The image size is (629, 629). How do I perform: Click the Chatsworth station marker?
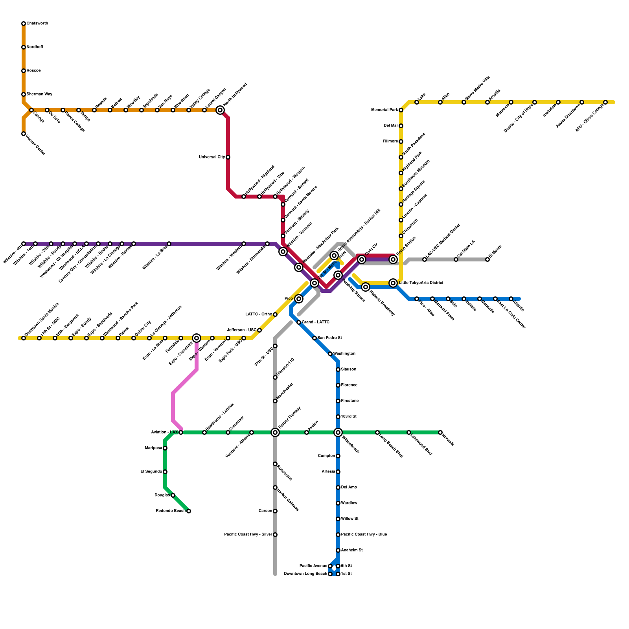point(24,24)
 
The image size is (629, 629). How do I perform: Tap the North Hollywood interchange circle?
point(220,110)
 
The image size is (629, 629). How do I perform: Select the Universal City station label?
point(212,157)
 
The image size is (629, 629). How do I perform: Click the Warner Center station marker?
point(24,134)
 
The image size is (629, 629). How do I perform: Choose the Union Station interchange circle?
point(393,259)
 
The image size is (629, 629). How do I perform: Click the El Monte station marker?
point(487,259)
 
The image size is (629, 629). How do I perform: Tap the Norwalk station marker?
point(440,432)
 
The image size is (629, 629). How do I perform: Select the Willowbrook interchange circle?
point(338,432)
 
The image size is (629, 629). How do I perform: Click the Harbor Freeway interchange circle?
point(275,432)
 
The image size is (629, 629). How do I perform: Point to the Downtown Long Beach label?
point(305,574)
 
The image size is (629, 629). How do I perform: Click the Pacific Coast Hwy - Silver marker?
point(275,535)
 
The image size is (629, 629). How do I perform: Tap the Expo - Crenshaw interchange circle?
point(197,338)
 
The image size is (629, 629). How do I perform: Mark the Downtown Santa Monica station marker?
point(24,338)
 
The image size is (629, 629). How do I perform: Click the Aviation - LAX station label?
point(164,432)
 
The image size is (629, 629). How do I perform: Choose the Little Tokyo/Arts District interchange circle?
point(393,283)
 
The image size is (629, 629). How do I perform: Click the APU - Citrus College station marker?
point(605,102)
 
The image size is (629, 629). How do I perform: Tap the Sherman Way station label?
point(39,94)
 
